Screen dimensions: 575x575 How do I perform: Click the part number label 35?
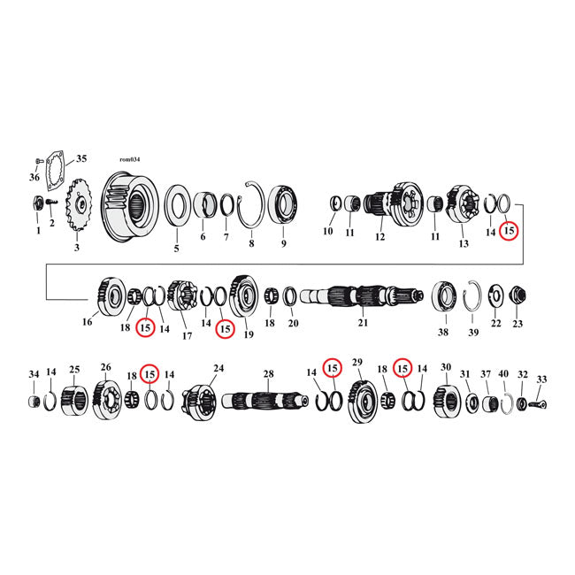pyautogui.click(x=81, y=160)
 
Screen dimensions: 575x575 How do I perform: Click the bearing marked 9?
pyautogui.click(x=284, y=206)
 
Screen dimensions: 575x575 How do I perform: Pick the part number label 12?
pyautogui.click(x=379, y=237)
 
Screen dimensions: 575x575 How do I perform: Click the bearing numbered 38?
pyautogui.click(x=444, y=296)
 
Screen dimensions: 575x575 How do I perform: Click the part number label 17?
pyautogui.click(x=187, y=336)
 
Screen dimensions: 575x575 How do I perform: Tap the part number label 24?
pyautogui.click(x=218, y=367)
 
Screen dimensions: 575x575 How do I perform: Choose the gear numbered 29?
pyautogui.click(x=360, y=401)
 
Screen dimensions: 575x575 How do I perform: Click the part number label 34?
pyautogui.click(x=34, y=374)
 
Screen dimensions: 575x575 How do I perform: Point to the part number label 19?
pyautogui.click(x=249, y=335)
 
